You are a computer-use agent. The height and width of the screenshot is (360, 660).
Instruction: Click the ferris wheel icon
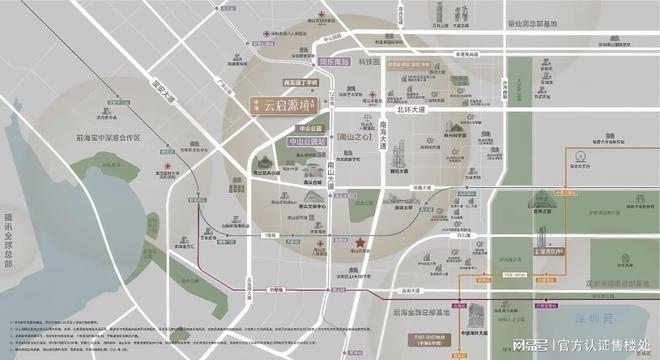coord(580,157)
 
